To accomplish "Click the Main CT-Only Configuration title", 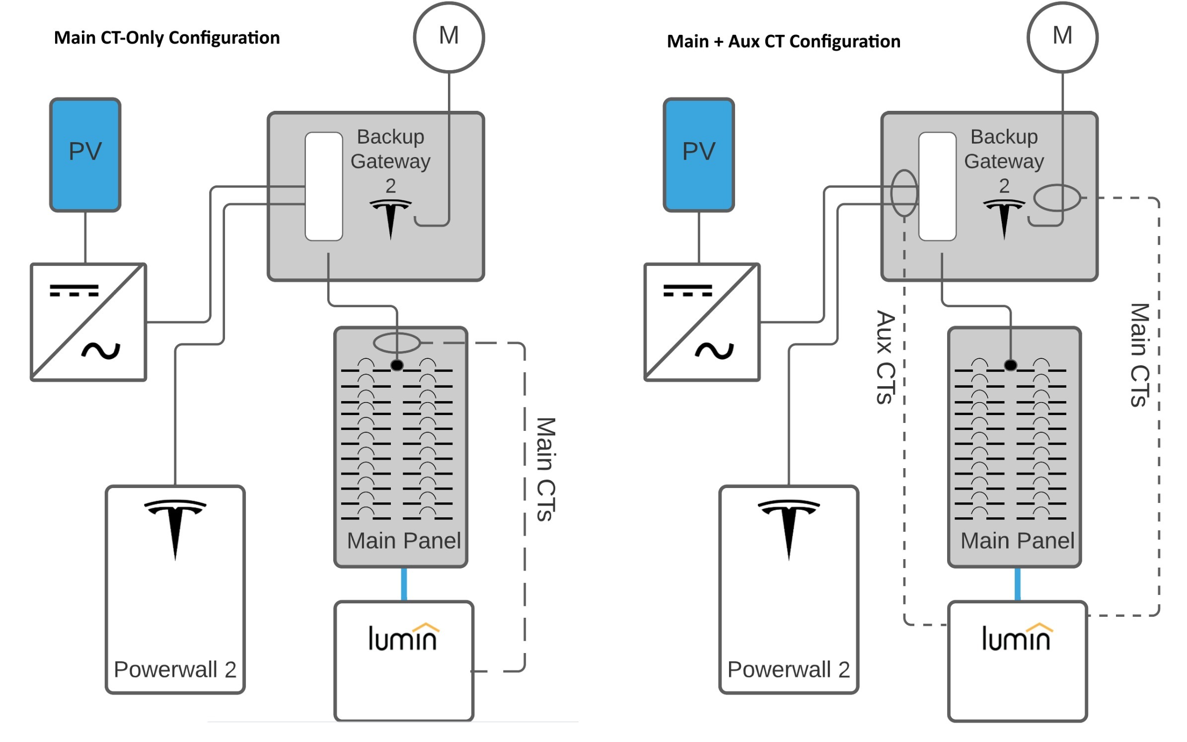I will [166, 38].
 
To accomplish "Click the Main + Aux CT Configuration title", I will [783, 41].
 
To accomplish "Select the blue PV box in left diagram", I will [85, 154].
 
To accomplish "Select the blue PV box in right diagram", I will [698, 154].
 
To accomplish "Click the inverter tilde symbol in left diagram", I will [101, 351].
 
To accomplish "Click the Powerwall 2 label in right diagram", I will [788, 669].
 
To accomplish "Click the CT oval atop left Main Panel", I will [396, 342].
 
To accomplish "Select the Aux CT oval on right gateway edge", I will [903, 193].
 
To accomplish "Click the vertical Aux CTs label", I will [885, 357].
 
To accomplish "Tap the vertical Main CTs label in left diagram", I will [545, 469].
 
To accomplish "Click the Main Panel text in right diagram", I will [1017, 541].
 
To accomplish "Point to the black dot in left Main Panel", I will [396, 365].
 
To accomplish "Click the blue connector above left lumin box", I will [403, 584].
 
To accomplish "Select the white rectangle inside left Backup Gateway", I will [323, 186].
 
